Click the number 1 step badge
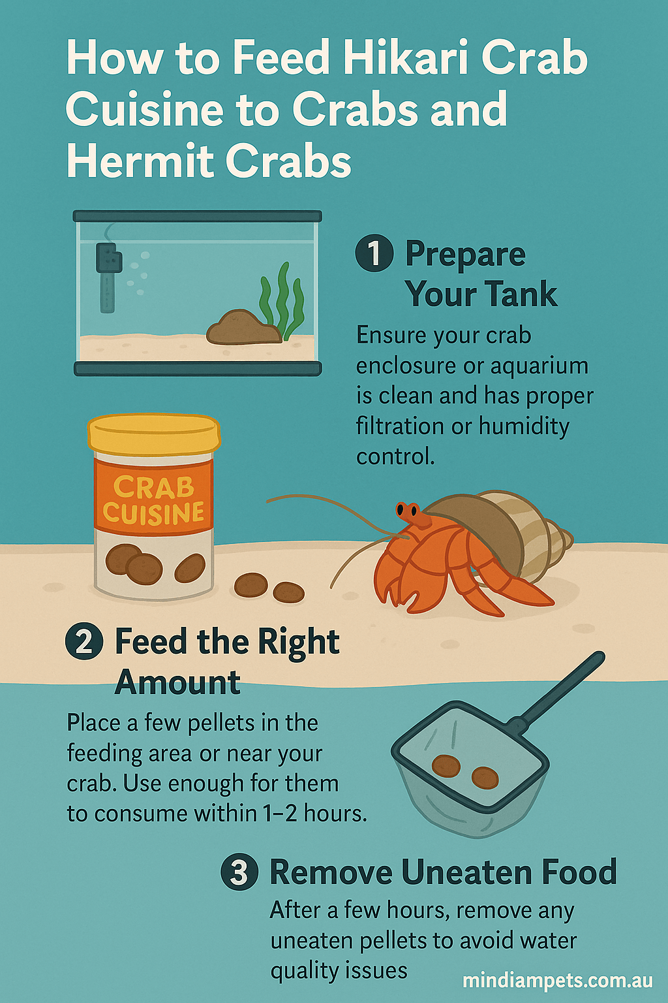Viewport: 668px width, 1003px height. click(x=374, y=253)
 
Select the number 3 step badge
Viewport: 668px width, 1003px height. click(x=239, y=872)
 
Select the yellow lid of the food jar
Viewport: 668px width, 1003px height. click(x=154, y=434)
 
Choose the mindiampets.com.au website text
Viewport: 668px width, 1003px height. click(x=558, y=980)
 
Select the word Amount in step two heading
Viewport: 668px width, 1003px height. click(x=177, y=682)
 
